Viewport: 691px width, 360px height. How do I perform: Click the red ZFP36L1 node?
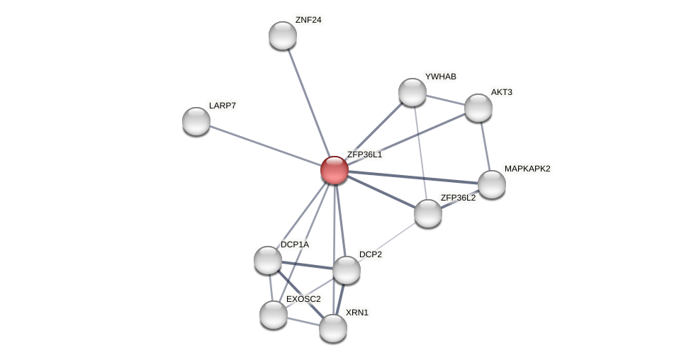[334, 170]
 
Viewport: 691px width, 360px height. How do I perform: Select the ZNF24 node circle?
[282, 35]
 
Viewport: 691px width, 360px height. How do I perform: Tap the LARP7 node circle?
[196, 121]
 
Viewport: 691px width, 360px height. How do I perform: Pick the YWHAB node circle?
[412, 92]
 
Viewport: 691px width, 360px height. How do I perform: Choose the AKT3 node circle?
[478, 108]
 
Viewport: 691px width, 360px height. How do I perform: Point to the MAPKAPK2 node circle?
[491, 184]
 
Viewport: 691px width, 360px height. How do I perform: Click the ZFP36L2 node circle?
[428, 213]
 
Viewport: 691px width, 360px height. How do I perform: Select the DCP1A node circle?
[268, 260]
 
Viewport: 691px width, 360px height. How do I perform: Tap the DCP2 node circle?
[347, 270]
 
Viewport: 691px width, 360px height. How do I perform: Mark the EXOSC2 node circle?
[274, 315]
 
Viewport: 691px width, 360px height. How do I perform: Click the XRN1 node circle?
[333, 328]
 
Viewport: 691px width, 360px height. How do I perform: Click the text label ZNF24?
[308, 20]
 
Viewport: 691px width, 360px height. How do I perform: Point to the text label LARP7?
[223, 106]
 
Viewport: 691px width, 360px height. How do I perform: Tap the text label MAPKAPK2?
[527, 169]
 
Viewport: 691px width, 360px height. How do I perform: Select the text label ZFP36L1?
[364, 154]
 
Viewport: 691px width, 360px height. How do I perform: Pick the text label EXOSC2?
[303, 299]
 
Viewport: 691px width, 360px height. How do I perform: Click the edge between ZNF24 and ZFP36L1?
[308, 102]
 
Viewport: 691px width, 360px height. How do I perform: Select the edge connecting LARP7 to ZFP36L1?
[264, 145]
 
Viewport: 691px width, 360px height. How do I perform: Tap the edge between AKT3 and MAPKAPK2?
[485, 146]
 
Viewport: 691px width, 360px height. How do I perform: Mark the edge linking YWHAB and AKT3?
[445, 100]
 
